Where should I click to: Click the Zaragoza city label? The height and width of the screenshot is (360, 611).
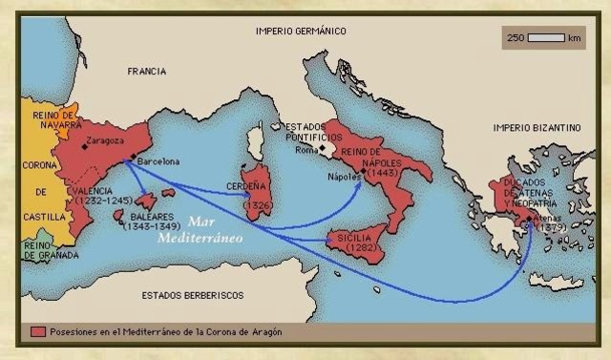click(107, 141)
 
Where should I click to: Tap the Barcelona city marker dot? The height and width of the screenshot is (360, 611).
click(133, 156)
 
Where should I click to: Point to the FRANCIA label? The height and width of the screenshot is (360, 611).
click(147, 72)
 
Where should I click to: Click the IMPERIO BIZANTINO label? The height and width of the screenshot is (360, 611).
click(537, 127)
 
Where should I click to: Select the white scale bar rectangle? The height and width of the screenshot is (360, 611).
click(546, 38)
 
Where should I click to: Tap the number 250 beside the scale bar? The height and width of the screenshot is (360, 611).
click(516, 38)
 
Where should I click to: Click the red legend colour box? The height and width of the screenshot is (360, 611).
click(38, 330)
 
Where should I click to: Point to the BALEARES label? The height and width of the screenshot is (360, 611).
click(143, 216)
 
